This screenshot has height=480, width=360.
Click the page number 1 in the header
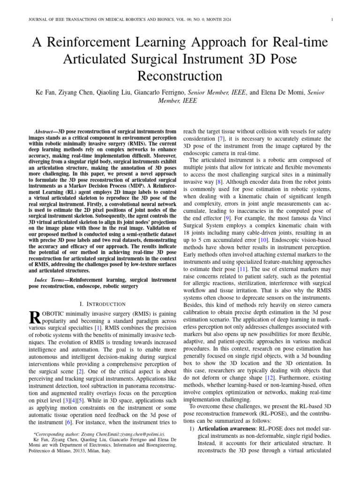[x=332, y=19]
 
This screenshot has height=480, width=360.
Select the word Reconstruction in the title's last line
[x=180, y=76]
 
